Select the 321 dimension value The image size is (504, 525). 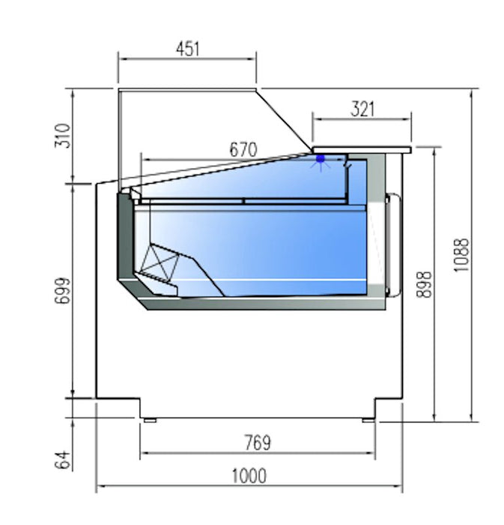click(x=362, y=109)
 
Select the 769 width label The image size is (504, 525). click(x=256, y=442)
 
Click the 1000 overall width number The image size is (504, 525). click(x=249, y=475)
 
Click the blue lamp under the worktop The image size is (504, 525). click(x=321, y=159)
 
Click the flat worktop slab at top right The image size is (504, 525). click(x=362, y=148)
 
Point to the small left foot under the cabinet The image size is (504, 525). click(x=150, y=420)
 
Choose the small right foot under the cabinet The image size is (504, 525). click(x=368, y=420)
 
